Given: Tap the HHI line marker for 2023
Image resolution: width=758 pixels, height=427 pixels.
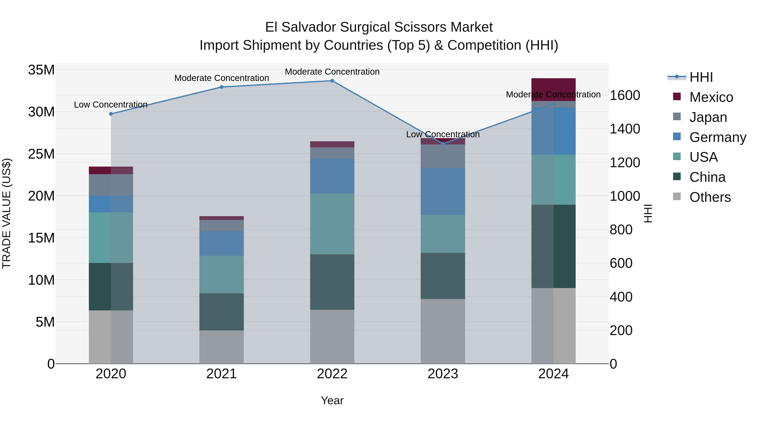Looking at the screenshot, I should point(443,144).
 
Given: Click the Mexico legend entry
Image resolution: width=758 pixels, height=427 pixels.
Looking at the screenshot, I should point(711,97).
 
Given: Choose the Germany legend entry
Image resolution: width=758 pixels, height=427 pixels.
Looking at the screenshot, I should point(717,137).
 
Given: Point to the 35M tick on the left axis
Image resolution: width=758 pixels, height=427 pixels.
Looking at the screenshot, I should point(41,70).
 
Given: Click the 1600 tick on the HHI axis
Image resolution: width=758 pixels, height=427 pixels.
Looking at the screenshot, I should point(625,96).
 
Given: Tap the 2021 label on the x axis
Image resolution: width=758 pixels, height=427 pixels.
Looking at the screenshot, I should point(221,374).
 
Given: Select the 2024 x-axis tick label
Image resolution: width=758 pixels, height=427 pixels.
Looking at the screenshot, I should point(553,374).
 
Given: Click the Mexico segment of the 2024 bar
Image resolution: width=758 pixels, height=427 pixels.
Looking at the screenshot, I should point(553,89).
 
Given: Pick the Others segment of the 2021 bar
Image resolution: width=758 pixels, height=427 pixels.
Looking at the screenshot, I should point(221,347).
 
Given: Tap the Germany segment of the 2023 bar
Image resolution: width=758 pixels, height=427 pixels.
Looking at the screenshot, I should point(443,191).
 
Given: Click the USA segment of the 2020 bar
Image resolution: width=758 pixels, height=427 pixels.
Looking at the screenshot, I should point(111,237).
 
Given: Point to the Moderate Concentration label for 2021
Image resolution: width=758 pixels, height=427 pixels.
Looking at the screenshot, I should point(222,78).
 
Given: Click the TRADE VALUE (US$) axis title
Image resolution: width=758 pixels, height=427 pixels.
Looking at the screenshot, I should point(7,213).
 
